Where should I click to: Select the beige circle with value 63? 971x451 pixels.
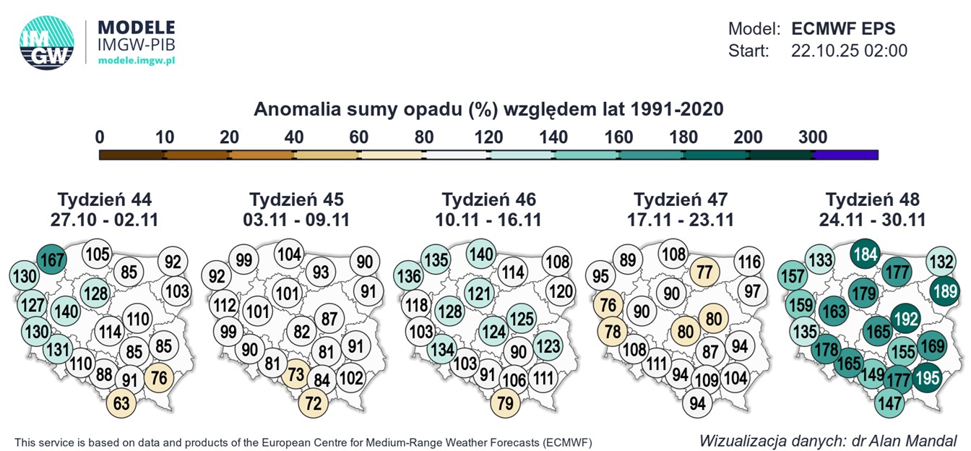(x=121, y=403)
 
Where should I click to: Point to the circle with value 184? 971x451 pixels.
(x=865, y=254)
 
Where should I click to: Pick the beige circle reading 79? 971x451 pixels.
(x=506, y=403)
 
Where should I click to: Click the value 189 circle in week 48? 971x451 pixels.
(x=946, y=292)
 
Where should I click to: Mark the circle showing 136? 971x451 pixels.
(x=409, y=276)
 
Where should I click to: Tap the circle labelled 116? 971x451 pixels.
(x=749, y=262)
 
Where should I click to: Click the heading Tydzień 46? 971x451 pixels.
(x=489, y=199)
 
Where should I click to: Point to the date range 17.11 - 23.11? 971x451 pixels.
(x=681, y=219)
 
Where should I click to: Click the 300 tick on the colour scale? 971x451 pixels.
(x=813, y=137)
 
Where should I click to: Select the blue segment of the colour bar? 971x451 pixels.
(x=845, y=155)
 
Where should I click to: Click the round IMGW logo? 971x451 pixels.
(x=47, y=43)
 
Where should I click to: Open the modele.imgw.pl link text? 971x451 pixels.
(x=137, y=61)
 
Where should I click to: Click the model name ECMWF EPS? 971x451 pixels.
(x=843, y=29)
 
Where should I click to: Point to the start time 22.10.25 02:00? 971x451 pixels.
(x=849, y=51)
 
